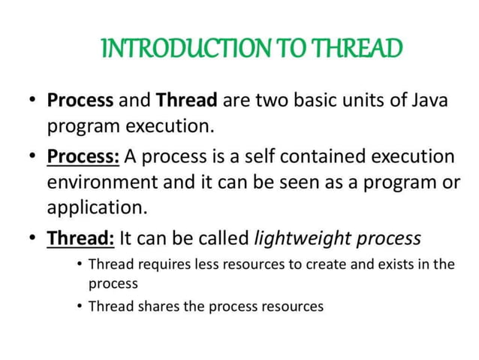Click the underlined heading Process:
coord(83,157)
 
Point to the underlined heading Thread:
coord(80,238)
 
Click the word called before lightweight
coord(224,238)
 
